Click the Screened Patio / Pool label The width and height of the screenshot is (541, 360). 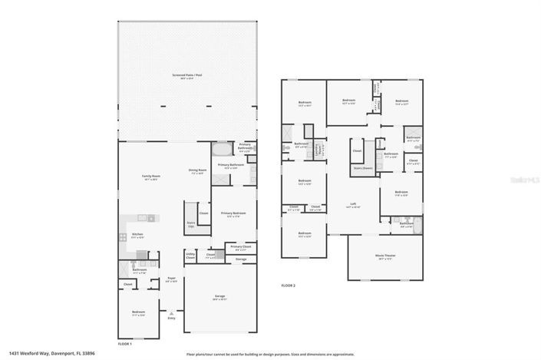188,76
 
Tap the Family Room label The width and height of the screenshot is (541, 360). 150,177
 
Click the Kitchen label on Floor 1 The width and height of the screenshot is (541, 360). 137,236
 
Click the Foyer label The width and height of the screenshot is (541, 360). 172,279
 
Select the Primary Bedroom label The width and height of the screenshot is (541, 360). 233,215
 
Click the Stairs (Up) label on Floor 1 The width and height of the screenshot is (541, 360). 191,225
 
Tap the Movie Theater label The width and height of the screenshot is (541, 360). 385,258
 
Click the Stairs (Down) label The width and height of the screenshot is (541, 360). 362,167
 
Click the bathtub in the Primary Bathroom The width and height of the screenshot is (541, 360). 221,149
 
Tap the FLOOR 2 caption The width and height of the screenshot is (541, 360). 289,286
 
